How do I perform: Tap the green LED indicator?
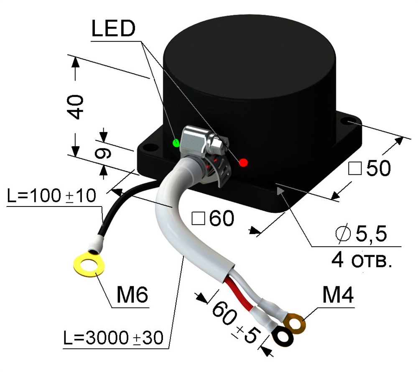(176, 142)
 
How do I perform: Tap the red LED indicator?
(243, 163)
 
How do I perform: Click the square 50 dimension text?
(370, 168)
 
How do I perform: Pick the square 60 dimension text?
(212, 219)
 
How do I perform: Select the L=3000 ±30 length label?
(113, 337)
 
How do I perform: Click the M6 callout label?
(132, 297)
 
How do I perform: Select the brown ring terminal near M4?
(295, 323)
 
